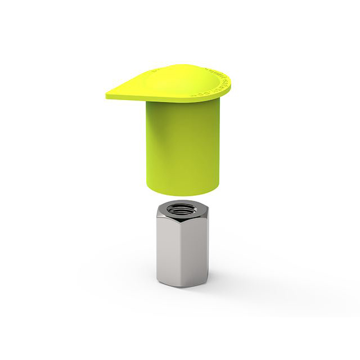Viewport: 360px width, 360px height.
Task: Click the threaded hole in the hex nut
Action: (181, 210)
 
